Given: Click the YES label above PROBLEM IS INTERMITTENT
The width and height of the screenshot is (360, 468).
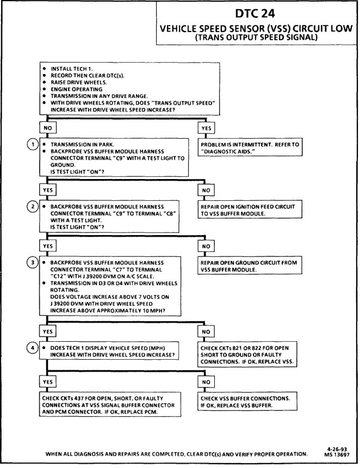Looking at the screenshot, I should [206, 129].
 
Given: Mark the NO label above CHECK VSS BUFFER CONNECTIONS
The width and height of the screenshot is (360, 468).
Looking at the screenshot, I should [205, 381].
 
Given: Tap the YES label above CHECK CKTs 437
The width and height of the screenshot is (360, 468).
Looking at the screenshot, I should [46, 381].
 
